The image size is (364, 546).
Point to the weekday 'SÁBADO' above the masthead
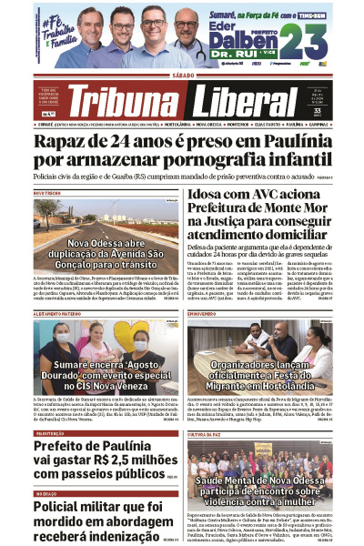pyautogui.click(x=182, y=76)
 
